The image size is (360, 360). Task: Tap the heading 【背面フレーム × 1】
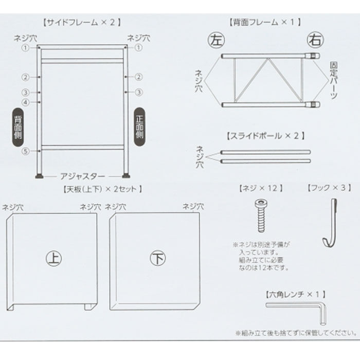[x=264, y=22]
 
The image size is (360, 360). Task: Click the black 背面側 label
[x=17, y=125]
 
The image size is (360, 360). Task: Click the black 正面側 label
[x=139, y=125]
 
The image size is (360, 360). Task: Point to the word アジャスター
[x=82, y=176]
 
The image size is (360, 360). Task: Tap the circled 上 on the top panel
[x=52, y=257]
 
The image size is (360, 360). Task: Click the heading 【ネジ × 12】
[x=261, y=189]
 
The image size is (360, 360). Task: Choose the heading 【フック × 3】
[x=327, y=189]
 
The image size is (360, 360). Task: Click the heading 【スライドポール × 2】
[x=265, y=136]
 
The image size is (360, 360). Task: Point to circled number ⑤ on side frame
[x=24, y=151]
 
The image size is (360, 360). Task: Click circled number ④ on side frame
[x=24, y=102]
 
